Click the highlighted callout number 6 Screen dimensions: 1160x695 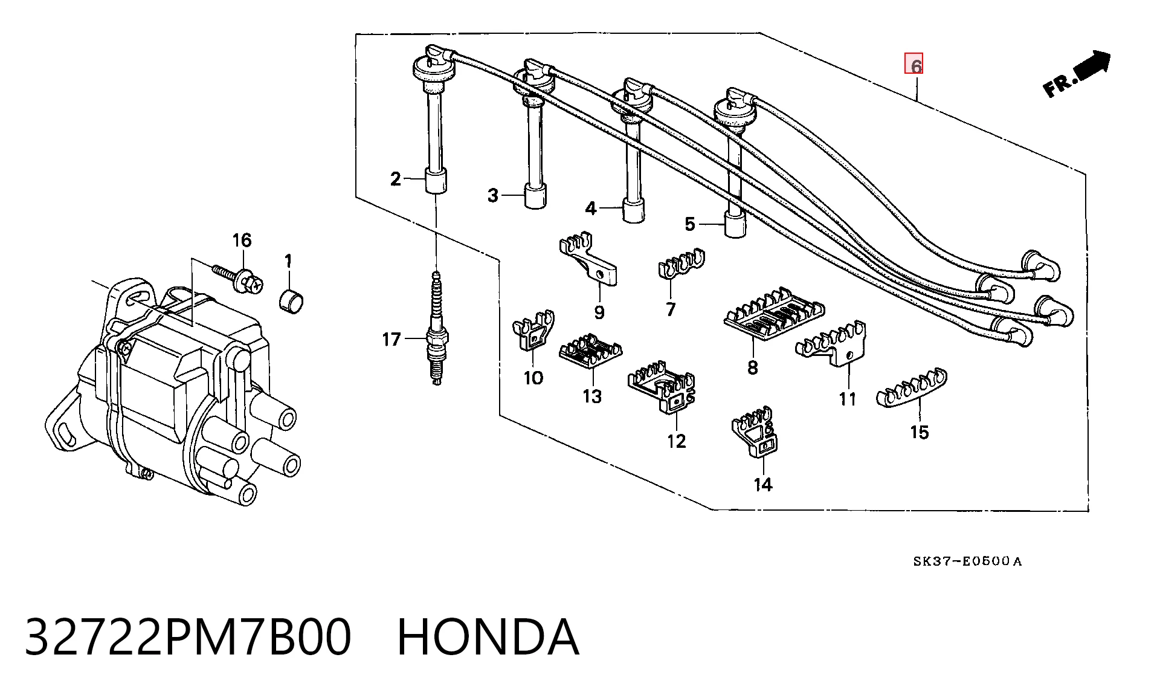pyautogui.click(x=913, y=63)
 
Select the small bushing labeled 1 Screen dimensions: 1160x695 pyautogui.click(x=292, y=300)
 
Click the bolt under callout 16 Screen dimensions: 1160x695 pyautogui.click(x=239, y=278)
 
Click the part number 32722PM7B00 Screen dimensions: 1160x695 pyautogui.click(x=188, y=637)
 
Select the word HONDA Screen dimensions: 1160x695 pyautogui.click(x=488, y=637)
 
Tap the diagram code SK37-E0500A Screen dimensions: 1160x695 pyautogui.click(x=967, y=561)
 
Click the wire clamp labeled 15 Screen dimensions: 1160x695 pyautogui.click(x=912, y=390)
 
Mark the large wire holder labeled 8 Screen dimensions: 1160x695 pyautogui.click(x=775, y=314)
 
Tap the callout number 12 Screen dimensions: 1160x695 pyautogui.click(x=677, y=441)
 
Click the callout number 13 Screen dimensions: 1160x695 pyautogui.click(x=592, y=396)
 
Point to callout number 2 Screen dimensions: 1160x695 pyautogui.click(x=396, y=179)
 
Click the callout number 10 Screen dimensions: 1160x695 pyautogui.click(x=533, y=378)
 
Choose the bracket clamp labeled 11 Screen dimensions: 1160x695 pyautogui.click(x=832, y=343)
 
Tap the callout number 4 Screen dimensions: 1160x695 pyautogui.click(x=591, y=208)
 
